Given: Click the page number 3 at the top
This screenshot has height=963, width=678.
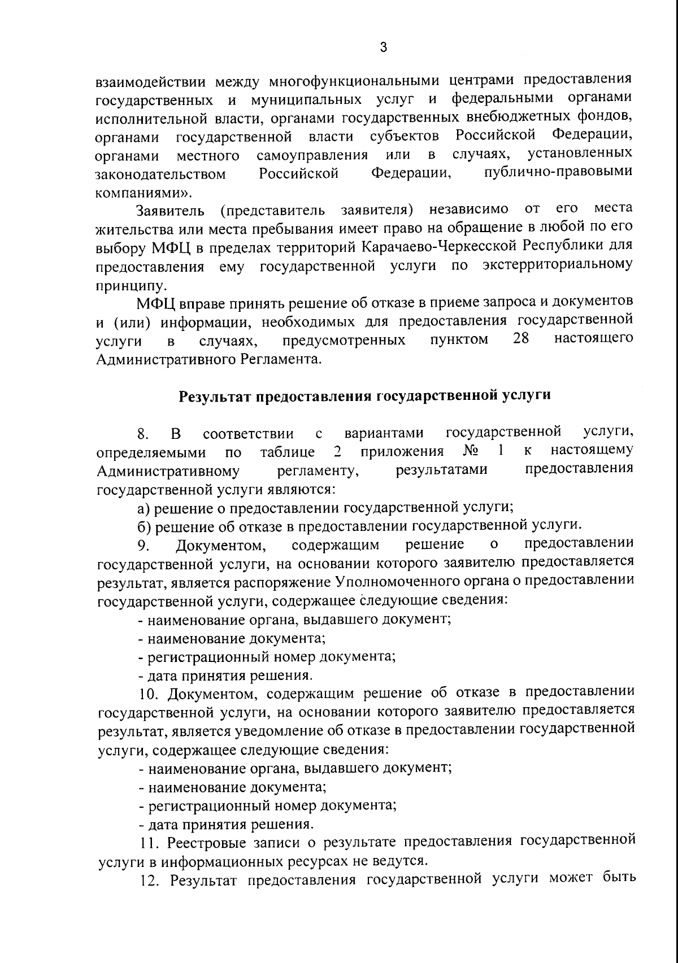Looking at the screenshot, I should coord(383,48).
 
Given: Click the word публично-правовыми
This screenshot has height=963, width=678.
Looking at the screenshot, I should coord(559,173).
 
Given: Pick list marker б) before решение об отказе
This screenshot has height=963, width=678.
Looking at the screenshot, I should coord(145,526).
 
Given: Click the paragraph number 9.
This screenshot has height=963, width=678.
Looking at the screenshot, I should coord(142,545).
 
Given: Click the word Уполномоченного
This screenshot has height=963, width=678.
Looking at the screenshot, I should coord(392,581).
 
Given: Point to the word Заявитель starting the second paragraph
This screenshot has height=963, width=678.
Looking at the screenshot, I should coord(170,211).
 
